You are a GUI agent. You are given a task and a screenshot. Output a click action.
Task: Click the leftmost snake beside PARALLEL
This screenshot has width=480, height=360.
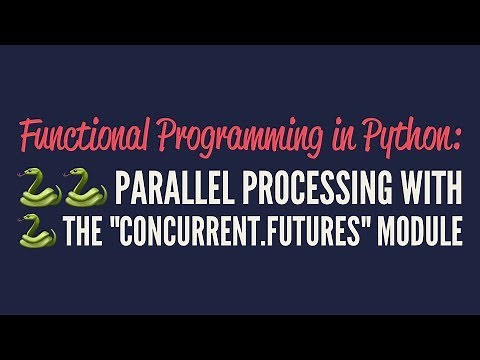[38, 187]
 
